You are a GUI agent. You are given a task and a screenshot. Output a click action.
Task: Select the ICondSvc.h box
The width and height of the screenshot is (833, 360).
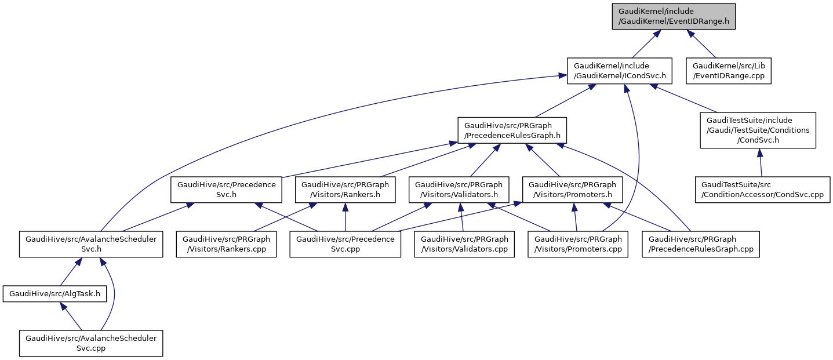pyautogui.click(x=619, y=71)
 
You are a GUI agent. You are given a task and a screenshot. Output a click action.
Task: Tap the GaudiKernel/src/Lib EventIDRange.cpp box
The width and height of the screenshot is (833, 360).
pyautogui.click(x=729, y=71)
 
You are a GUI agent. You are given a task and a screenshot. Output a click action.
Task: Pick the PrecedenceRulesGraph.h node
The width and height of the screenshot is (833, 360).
pyautogui.click(x=512, y=131)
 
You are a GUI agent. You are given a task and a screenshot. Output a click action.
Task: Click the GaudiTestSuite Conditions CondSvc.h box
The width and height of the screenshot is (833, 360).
pyautogui.click(x=758, y=130)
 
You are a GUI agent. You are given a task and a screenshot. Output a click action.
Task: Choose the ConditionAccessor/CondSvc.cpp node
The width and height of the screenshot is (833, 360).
pyautogui.click(x=763, y=190)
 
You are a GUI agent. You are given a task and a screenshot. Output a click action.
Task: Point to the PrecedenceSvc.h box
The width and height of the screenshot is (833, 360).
pyautogui.click(x=226, y=190)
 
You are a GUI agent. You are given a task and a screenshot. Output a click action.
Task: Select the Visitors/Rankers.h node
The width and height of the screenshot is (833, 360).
pyautogui.click(x=345, y=190)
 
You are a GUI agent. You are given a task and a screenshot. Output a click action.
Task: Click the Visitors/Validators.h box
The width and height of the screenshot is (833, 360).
pyautogui.click(x=459, y=190)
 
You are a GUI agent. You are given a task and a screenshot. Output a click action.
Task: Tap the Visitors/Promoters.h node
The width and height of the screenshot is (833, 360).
pyautogui.click(x=573, y=190)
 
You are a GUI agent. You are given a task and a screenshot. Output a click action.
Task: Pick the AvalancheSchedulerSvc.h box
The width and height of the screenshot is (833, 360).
pyautogui.click(x=91, y=244)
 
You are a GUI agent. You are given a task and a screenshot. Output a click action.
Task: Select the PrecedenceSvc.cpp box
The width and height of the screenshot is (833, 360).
pyautogui.click(x=345, y=244)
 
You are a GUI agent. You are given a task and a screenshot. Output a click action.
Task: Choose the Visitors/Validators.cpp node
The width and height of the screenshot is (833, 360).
pyautogui.click(x=464, y=244)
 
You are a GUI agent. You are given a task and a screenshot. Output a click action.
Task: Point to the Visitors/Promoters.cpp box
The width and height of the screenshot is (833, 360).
pyautogui.click(x=578, y=244)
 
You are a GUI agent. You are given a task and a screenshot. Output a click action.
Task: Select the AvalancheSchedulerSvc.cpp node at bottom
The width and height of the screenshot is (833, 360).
pyautogui.click(x=91, y=343)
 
